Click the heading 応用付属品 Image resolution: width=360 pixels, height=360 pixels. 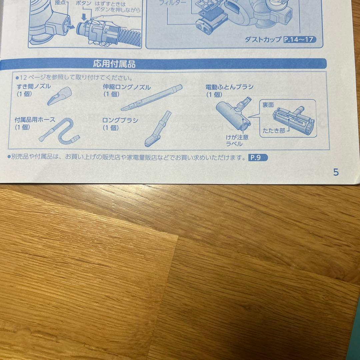pos(114,64)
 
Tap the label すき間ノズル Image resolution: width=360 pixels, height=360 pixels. pos(34,87)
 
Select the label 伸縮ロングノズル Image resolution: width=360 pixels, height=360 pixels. pos(127,87)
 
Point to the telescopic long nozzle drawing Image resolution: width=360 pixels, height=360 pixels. pos(152,98)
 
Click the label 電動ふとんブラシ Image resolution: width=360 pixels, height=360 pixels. pos(229,87)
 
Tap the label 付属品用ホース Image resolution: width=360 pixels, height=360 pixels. pos(35,119)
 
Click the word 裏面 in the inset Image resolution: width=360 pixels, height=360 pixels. pos(268,105)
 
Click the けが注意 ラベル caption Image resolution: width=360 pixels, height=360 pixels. pos(237,140)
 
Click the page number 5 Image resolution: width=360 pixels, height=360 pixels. pos(336,172)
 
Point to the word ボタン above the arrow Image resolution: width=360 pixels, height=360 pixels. pos(84,3)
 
